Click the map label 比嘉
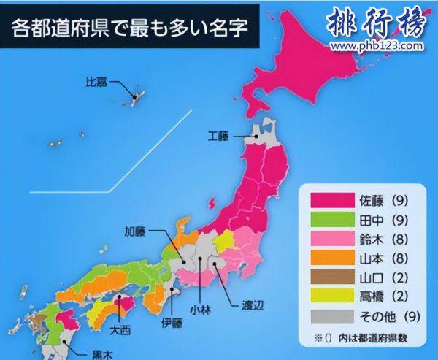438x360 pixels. (x=97, y=82)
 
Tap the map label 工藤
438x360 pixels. (x=218, y=136)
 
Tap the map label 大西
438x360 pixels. (x=120, y=330)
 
